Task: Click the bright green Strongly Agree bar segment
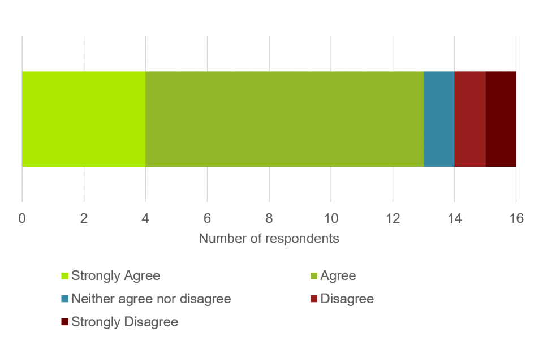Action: click(84, 119)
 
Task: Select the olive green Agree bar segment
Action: click(285, 119)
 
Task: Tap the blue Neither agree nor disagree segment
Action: click(439, 119)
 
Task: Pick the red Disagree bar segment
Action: click(470, 119)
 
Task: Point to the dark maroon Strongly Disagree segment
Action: click(501, 119)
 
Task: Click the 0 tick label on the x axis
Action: click(22, 218)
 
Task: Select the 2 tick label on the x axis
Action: click(84, 218)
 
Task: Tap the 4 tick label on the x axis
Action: click(145, 218)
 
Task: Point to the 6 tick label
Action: click(207, 218)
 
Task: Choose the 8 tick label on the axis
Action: click(269, 218)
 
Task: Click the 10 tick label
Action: click(331, 218)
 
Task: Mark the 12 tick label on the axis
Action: click(393, 218)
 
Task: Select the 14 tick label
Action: click(454, 218)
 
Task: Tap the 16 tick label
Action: click(516, 218)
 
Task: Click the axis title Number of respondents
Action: click(269, 239)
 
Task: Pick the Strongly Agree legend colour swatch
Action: click(65, 276)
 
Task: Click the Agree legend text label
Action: click(338, 276)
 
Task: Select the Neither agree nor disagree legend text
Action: click(151, 299)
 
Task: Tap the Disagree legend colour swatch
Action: click(314, 299)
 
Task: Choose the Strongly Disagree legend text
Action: click(124, 322)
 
